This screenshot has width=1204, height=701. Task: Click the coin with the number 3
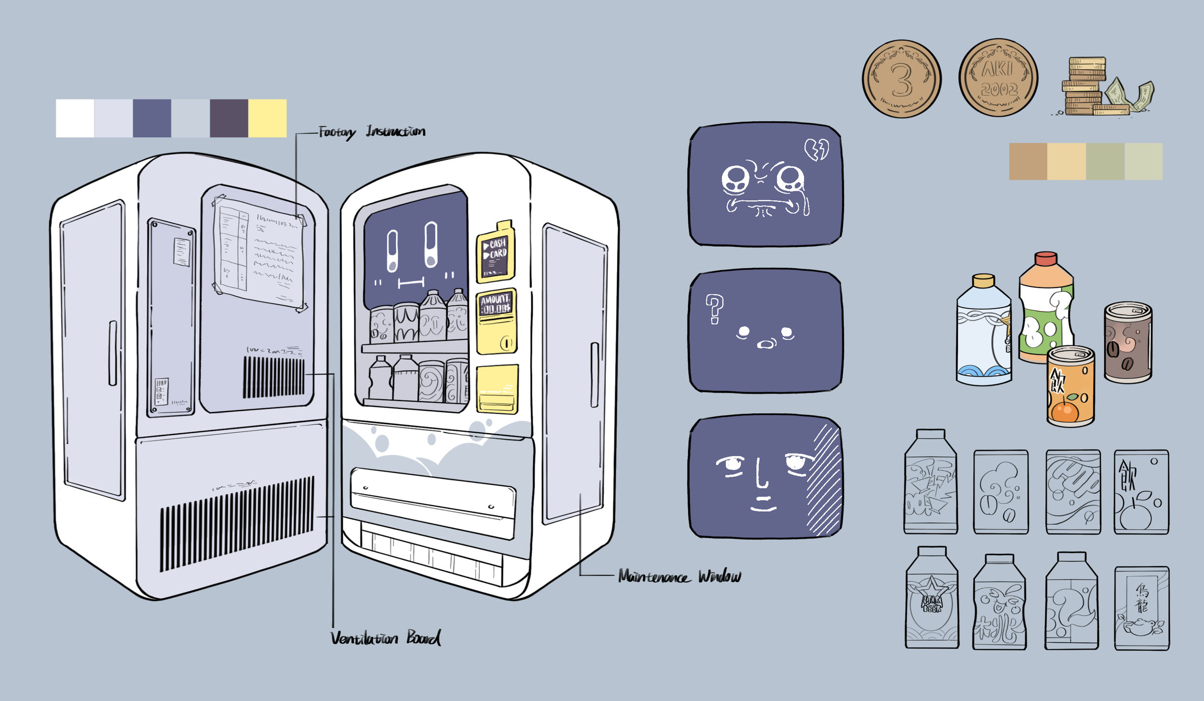point(901,79)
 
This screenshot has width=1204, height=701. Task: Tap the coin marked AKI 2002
point(998,78)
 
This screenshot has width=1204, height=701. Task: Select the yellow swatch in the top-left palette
point(267,118)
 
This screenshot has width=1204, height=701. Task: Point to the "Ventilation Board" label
point(385,638)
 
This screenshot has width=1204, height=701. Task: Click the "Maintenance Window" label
point(680,576)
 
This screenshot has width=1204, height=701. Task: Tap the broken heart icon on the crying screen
point(816,149)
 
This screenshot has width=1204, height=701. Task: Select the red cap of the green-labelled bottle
point(1046,259)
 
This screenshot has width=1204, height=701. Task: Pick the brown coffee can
point(1128,342)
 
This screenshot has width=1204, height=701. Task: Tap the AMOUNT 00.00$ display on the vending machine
point(496,304)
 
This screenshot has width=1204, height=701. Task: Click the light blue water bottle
point(983,332)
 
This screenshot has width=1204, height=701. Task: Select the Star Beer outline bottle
point(932,599)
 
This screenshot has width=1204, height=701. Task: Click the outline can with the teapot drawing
point(1141,609)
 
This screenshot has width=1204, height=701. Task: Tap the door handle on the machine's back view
point(112,353)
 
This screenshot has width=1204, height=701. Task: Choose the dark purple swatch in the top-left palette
point(229,118)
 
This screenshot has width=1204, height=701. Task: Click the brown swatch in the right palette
point(1028,161)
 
